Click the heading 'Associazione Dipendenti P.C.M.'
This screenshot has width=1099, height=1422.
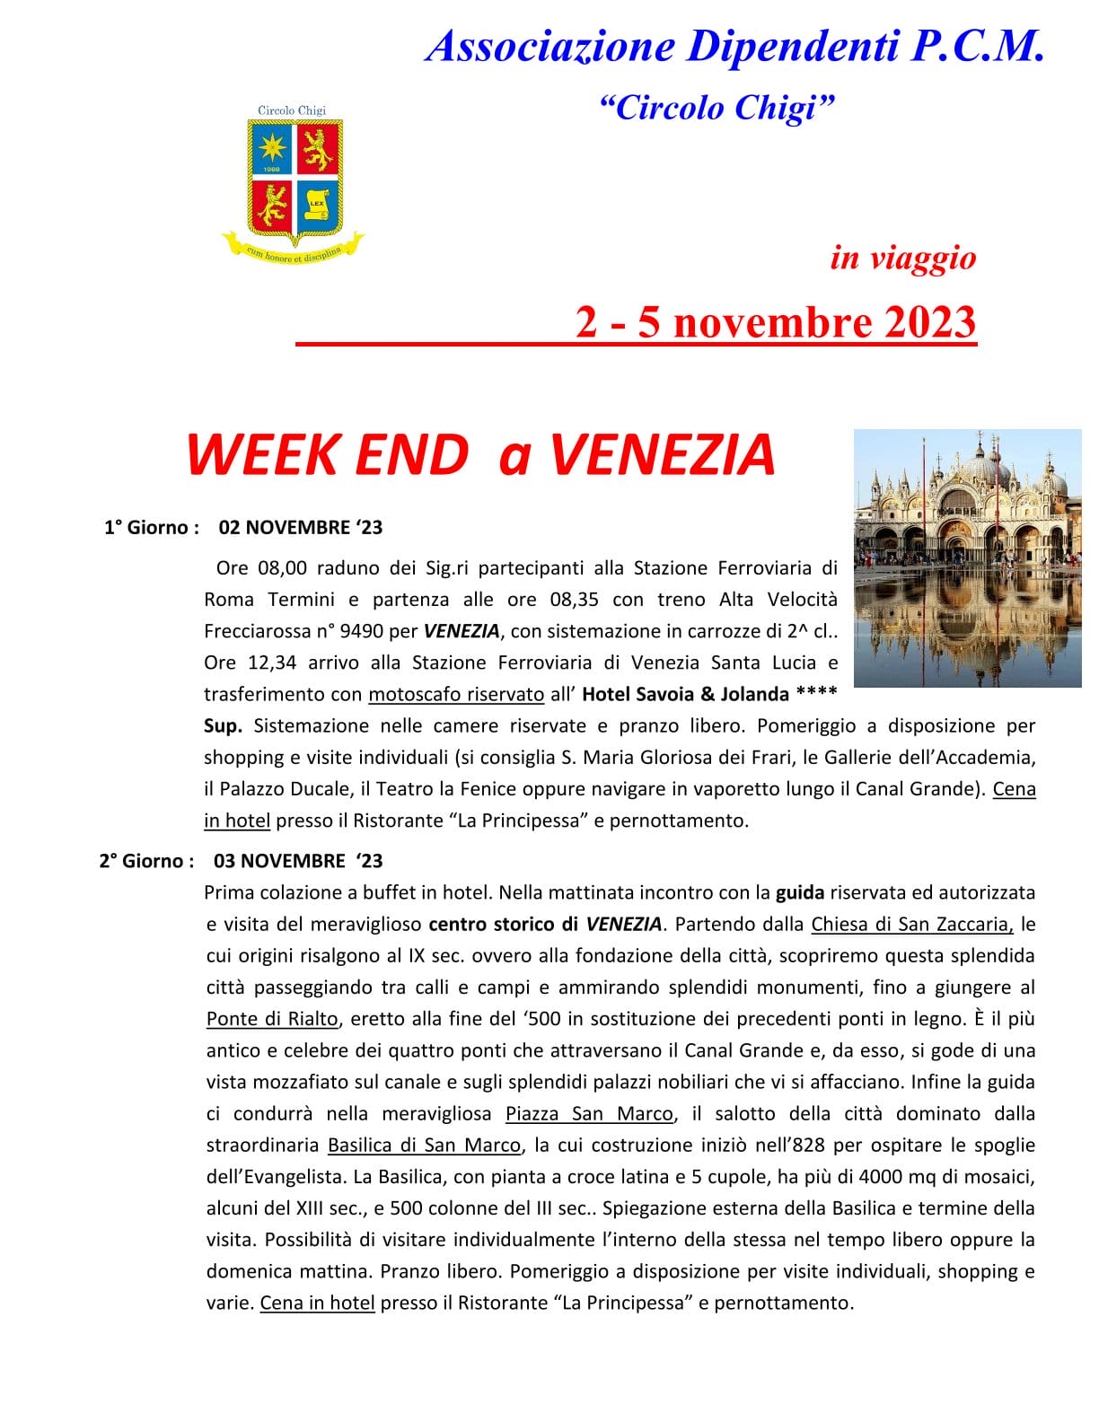(735, 45)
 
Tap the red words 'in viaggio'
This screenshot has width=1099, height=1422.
(902, 258)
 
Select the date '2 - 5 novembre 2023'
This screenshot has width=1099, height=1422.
(776, 322)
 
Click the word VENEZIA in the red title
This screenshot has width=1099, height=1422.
(662, 454)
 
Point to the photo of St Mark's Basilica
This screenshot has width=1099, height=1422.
(967, 557)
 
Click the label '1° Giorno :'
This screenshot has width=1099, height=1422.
(151, 527)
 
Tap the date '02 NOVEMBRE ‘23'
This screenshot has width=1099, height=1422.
(301, 527)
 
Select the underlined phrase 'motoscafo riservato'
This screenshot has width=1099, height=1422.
(456, 694)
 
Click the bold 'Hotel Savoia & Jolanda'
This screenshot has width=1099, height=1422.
(685, 694)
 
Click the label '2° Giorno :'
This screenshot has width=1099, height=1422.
(146, 861)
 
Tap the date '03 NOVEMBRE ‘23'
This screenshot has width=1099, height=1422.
(298, 861)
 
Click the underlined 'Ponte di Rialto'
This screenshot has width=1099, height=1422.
(272, 1019)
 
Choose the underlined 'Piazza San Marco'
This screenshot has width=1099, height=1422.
(589, 1113)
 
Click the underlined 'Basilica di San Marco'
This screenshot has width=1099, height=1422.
(424, 1145)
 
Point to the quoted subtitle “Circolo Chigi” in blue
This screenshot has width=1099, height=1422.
(717, 108)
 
